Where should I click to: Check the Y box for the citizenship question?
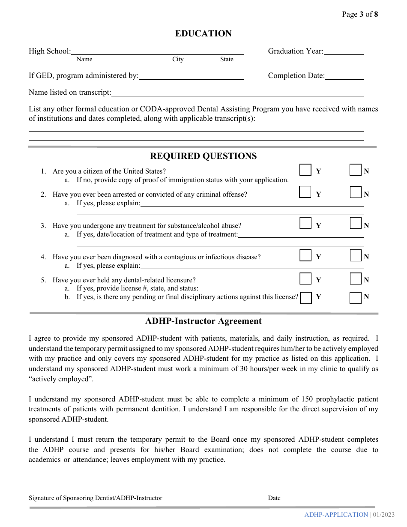click(305, 170)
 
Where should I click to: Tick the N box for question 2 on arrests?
click(356, 192)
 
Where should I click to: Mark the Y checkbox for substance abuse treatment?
click(305, 223)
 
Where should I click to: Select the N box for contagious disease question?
click(356, 256)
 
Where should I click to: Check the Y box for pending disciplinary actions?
click(306, 298)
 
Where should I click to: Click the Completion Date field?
click(344, 76)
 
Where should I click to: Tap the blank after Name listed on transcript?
click(237, 93)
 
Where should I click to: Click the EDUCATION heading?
click(203, 33)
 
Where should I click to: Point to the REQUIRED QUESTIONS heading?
click(203, 156)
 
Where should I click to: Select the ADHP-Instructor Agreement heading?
click(203, 321)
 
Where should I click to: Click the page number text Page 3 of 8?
click(360, 14)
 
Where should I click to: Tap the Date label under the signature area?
click(274, 498)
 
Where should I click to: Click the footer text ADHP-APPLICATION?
click(336, 515)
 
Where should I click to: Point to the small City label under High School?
click(178, 60)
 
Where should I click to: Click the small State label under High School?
click(227, 60)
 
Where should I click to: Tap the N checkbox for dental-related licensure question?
click(356, 279)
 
